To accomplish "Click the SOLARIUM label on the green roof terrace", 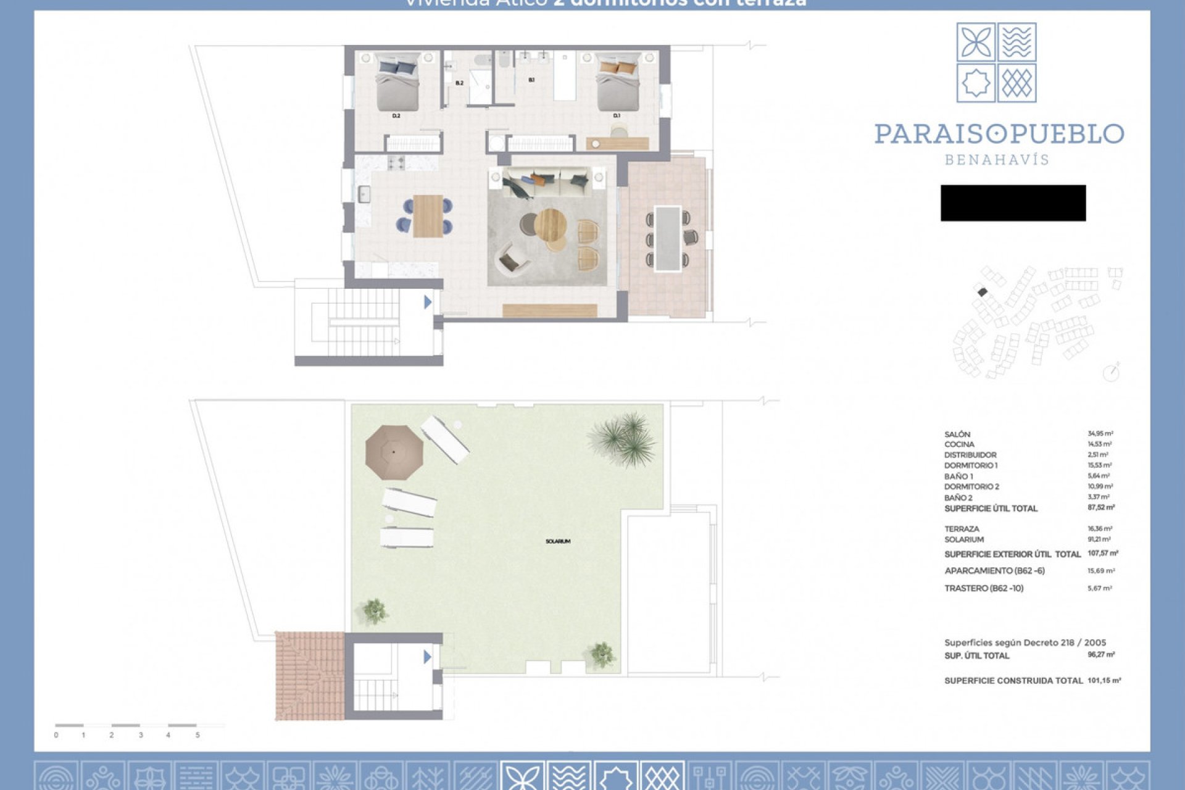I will click(x=558, y=541).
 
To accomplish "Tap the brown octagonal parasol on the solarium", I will click(x=394, y=452).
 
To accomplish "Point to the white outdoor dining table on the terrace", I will click(x=668, y=238).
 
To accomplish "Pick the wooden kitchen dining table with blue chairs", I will click(x=428, y=215).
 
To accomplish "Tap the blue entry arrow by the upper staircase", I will click(x=427, y=302).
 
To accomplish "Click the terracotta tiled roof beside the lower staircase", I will click(x=309, y=675).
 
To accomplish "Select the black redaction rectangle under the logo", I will click(x=1013, y=203).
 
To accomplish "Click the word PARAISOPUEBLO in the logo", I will click(x=999, y=134).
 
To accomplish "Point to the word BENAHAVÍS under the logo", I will click(x=997, y=160).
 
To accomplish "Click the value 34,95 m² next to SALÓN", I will click(x=1100, y=434).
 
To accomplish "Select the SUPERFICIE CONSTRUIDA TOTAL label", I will click(x=1013, y=681).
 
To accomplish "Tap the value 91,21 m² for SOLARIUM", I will click(x=1099, y=539).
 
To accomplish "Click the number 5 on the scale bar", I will click(x=197, y=735).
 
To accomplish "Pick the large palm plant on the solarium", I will click(x=623, y=439).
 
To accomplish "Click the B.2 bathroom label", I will click(x=459, y=83).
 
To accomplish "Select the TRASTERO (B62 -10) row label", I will click(x=984, y=588).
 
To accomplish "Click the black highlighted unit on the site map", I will click(x=983, y=291).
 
